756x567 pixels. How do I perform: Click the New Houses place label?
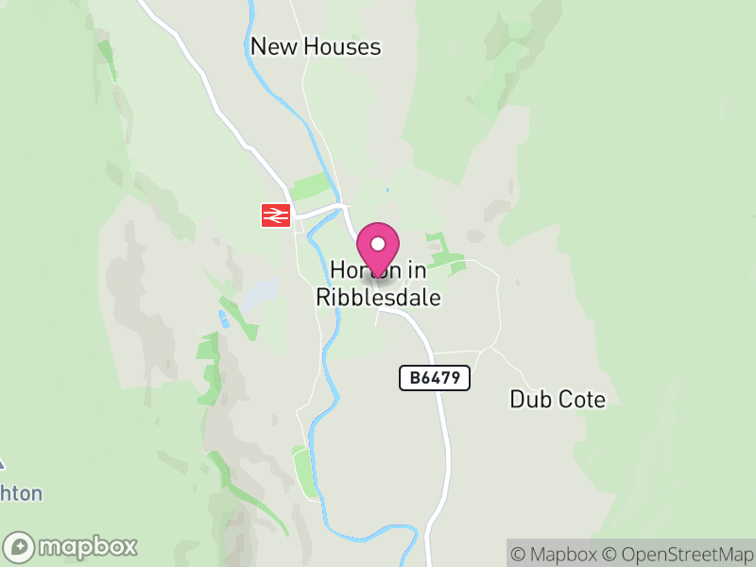point(316,46)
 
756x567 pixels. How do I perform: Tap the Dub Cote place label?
point(558,399)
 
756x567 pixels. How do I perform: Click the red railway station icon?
point(275,215)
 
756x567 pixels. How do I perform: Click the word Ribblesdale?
point(378,297)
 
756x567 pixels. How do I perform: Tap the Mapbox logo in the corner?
point(71,546)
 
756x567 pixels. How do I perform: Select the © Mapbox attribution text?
point(557,554)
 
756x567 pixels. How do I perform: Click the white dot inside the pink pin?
point(378,244)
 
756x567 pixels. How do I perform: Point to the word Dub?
point(528,399)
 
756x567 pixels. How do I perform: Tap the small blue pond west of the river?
point(224,318)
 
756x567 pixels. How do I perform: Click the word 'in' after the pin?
point(417,270)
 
